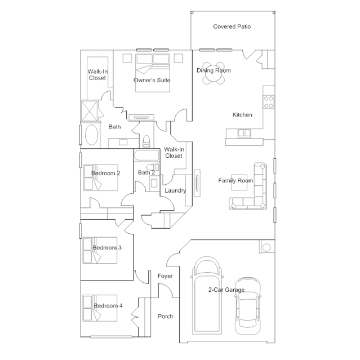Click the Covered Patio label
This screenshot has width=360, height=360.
point(232,26)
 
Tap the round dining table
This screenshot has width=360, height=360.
point(214,73)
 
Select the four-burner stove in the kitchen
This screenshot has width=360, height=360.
point(268,102)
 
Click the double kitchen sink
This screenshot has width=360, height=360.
point(244,133)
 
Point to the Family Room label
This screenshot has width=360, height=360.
point(236,181)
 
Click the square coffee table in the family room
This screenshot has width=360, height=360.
point(239,183)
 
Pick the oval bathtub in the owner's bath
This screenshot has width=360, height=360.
point(92,135)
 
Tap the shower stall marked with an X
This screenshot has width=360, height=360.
point(90,111)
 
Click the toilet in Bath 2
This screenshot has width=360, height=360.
point(153,167)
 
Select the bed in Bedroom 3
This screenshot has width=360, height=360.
point(100,250)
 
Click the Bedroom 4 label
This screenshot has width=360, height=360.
point(108,305)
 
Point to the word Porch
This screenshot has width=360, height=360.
point(166,317)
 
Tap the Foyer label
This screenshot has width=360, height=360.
point(165,276)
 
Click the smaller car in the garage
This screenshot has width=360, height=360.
point(247,306)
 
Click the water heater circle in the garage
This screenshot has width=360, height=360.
point(266,247)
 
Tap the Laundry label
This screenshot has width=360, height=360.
point(175,190)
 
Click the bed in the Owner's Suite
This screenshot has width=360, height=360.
point(153,73)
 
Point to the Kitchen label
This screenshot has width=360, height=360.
point(242,115)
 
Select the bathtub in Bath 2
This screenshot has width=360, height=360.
point(146,155)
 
